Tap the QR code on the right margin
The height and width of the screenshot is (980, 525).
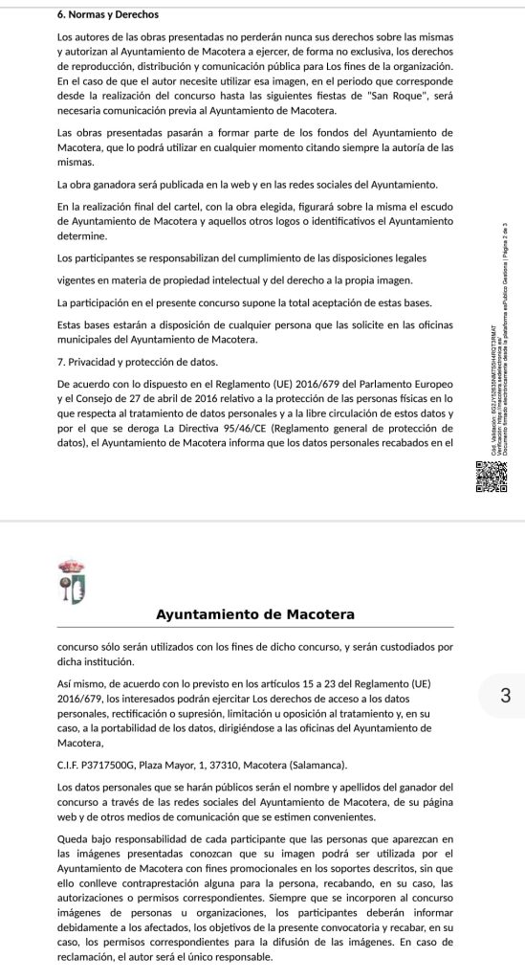489,478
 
